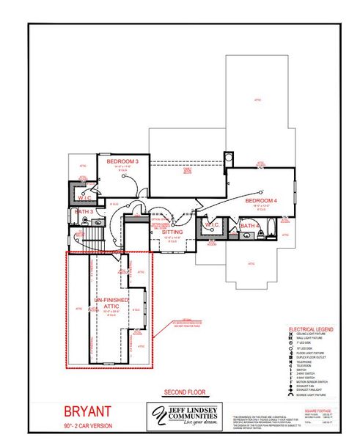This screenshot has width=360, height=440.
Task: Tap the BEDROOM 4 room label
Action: point(262,201)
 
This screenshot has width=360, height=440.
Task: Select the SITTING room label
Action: point(173,232)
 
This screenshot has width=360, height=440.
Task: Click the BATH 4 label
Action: point(250,227)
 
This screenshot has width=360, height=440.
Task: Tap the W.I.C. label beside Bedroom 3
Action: point(84,199)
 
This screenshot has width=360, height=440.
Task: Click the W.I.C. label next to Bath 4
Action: point(212,224)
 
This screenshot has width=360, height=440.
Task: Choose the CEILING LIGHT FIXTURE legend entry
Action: point(312,334)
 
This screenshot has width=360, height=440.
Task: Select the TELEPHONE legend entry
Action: point(304,362)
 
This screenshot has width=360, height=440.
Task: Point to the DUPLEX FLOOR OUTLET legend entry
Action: point(312,357)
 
